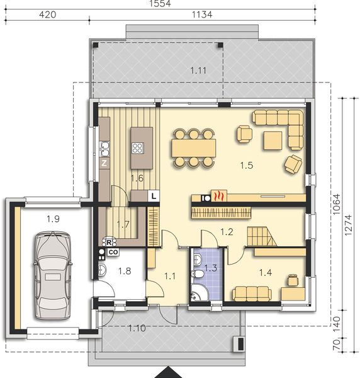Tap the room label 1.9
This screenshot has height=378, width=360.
click(x=53, y=219)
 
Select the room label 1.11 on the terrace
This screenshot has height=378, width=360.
click(x=198, y=71)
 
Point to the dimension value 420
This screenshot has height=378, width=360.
click(x=48, y=14)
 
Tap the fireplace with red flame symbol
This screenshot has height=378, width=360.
click(x=217, y=197)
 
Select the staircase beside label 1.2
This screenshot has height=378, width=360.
click(x=260, y=236)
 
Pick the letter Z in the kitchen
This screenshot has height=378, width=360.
click(x=104, y=162)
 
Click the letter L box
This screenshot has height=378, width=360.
click(x=153, y=197)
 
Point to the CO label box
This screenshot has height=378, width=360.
click(x=113, y=252)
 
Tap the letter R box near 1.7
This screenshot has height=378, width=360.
click(x=109, y=242)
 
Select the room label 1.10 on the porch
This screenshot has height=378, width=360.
click(x=138, y=327)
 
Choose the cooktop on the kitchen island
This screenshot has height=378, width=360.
click(x=137, y=148)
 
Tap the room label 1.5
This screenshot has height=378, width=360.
click(x=247, y=166)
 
